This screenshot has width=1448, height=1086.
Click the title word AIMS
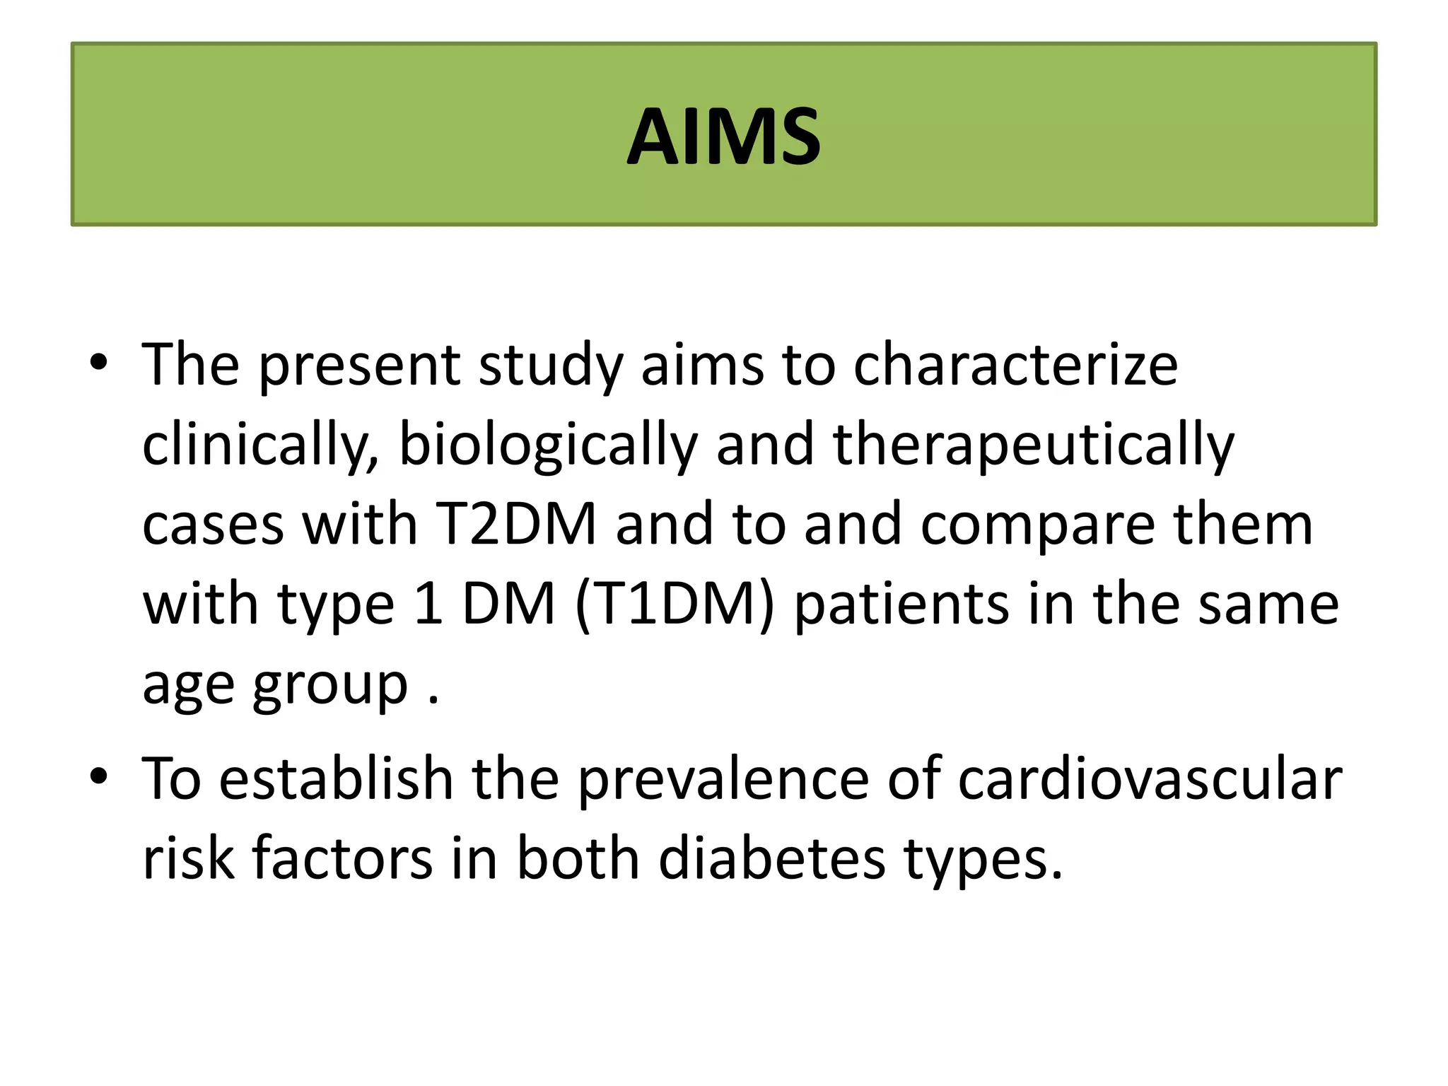click(723, 136)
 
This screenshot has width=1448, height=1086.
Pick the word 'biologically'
click(548, 445)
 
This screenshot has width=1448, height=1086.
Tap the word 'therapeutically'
click(1034, 445)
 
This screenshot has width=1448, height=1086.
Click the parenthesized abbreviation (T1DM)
click(675, 605)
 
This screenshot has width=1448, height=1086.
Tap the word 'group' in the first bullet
click(330, 686)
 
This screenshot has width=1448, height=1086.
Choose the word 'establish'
click(336, 778)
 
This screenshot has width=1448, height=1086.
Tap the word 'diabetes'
click(772, 858)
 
